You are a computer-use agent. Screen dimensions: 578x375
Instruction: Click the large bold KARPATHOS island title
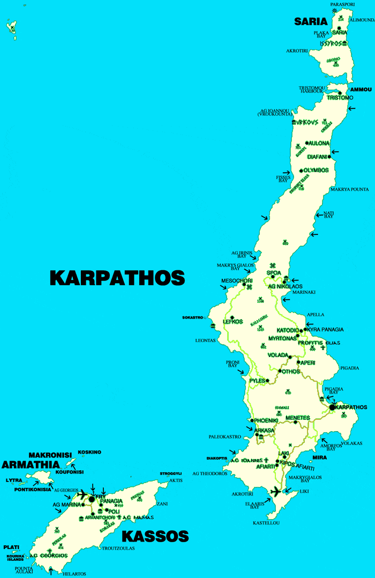(117, 278)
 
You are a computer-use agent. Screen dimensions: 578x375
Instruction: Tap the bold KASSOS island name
(155, 536)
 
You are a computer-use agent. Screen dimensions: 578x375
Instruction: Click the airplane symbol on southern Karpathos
(276, 491)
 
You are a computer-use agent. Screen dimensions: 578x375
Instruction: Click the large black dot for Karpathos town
(332, 407)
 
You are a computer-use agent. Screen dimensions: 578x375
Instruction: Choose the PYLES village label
(258, 381)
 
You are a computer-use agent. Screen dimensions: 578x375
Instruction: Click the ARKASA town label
(265, 430)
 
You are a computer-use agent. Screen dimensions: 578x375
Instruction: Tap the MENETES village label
(298, 418)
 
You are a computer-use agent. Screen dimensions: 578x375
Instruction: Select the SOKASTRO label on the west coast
(193, 317)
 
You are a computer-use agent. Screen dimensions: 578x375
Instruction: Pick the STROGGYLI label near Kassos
(171, 474)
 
